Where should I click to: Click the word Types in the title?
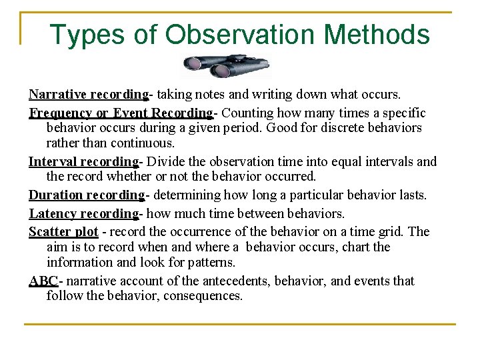pyautogui.click(x=82, y=35)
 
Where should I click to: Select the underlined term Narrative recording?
pyautogui.click(x=88, y=95)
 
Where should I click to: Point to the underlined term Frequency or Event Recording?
pyautogui.click(x=121, y=113)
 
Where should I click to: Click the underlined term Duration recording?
pyautogui.click(x=87, y=195)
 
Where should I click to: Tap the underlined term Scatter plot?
pyautogui.click(x=63, y=231)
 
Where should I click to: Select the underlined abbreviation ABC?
pyautogui.click(x=43, y=281)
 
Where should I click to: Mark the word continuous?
pyautogui.click(x=142, y=143)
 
